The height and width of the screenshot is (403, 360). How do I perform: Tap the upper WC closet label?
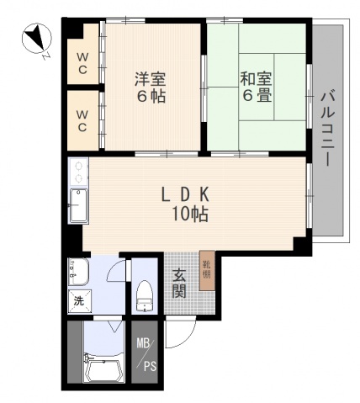coord(83,64)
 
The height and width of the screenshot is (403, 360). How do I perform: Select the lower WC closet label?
coord(83,121)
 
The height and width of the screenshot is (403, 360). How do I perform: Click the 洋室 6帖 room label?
coord(151,87)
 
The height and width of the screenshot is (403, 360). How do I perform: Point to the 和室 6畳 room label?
coord(256,87)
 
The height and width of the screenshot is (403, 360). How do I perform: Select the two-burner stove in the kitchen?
coord(77,172)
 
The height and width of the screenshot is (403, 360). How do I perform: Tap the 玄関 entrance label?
coord(179,282)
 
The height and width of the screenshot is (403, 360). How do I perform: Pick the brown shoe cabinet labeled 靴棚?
coord(206,271)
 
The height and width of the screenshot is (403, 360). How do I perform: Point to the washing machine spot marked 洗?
coord(78,300)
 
